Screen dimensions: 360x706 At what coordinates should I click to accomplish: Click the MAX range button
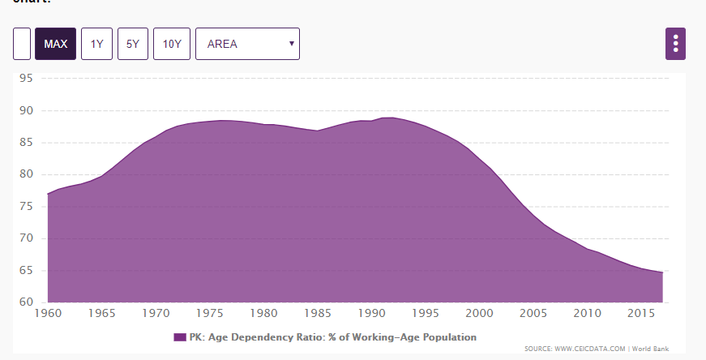tap(55, 44)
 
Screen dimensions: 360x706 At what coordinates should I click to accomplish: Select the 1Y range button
tap(96, 44)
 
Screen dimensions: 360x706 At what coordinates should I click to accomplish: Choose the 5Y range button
tap(132, 44)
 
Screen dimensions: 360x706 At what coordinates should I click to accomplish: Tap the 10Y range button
tap(171, 44)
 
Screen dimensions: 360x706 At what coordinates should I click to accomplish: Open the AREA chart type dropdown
tap(247, 44)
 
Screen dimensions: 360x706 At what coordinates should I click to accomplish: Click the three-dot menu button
tap(675, 44)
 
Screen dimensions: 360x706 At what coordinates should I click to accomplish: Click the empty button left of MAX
tap(22, 44)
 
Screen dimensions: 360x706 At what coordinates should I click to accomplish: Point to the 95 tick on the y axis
tap(26, 79)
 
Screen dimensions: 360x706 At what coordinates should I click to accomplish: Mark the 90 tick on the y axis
tap(26, 110)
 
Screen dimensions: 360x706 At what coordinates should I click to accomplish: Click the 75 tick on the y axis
tap(26, 207)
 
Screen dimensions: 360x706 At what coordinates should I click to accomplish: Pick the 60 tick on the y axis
tap(26, 302)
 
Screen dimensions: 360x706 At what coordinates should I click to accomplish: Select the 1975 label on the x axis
tap(210, 313)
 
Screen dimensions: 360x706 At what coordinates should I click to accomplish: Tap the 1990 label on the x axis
tap(370, 313)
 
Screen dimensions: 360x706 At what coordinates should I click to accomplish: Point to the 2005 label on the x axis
tap(531, 313)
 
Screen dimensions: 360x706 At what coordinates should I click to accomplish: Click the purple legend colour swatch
tap(180, 336)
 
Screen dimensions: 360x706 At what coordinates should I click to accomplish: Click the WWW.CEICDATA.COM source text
tap(591, 349)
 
